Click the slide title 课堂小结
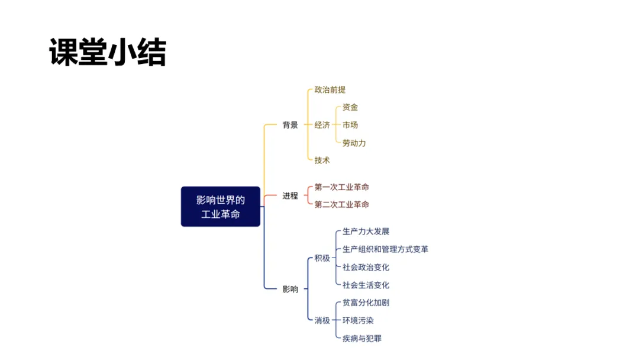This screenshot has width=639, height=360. point(108,53)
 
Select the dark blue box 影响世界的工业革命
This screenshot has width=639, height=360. point(220,207)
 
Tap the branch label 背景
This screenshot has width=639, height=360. point(290,125)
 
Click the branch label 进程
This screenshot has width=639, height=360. point(290,196)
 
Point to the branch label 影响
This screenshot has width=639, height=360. point(290,289)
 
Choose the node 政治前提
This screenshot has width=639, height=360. point(330,90)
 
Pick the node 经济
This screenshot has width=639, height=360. point(322,125)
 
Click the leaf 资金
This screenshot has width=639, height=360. point(350,108)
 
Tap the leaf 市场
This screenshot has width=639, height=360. point(350,125)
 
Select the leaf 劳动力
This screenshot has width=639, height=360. point(354,143)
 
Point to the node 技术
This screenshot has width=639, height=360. point(322,160)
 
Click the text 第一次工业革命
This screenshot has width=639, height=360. point(341,187)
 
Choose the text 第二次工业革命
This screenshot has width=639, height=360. point(341,204)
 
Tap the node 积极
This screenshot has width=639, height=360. point(322,258)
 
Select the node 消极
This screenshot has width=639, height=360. point(322,320)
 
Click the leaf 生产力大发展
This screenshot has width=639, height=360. point(366,232)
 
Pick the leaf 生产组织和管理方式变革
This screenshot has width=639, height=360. point(385,249)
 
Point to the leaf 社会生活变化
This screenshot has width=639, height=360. point(366,285)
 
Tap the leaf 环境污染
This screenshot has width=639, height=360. point(358,320)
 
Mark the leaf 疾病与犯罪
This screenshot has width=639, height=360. point(362,338)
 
